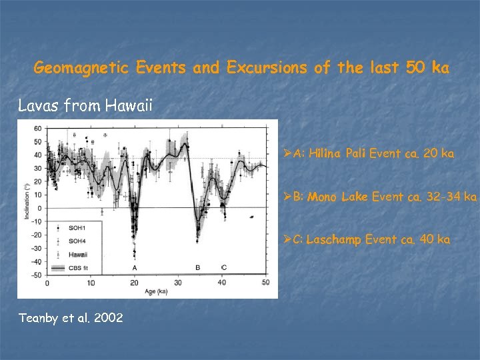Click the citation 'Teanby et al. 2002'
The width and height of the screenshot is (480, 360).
[70, 317]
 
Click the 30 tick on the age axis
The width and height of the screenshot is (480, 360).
[178, 283]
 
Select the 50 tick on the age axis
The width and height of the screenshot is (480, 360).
[265, 283]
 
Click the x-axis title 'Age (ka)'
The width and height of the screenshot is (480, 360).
[157, 291]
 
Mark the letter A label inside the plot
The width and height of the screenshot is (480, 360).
[135, 267]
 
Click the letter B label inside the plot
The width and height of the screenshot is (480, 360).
[197, 267]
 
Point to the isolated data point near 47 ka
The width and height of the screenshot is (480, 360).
[251, 217]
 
